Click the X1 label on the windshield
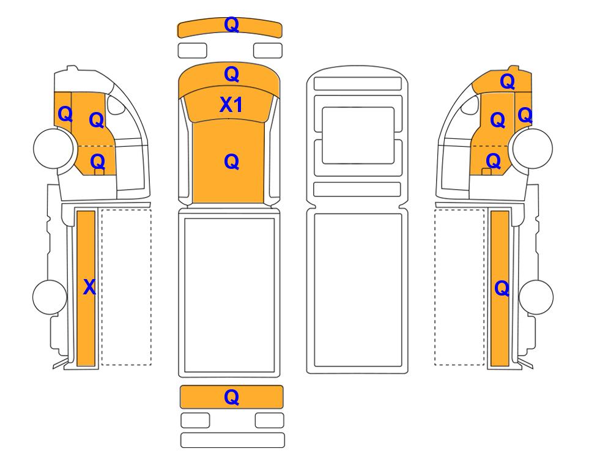coord(231,105)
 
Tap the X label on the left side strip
coord(89,287)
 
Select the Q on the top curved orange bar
coord(231,25)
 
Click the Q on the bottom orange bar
coord(231,397)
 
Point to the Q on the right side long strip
coord(502,289)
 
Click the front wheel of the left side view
coord(53,148)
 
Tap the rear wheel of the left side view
coord(50,297)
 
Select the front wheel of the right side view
coord(533,148)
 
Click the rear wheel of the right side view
coord(536,297)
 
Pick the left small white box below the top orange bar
coord(192,50)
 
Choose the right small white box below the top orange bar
coord(268,50)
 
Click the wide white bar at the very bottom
coord(232,440)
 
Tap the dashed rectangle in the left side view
coord(126,287)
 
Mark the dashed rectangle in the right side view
coord(459,287)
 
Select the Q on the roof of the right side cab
coord(508,81)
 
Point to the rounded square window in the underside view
coord(358,135)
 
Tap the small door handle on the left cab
coord(99,172)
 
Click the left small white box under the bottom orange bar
coord(195,420)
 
